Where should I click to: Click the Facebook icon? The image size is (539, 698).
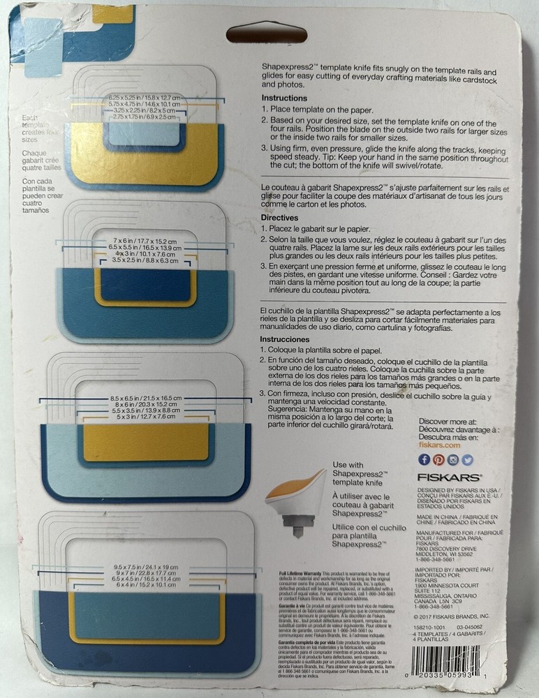424,459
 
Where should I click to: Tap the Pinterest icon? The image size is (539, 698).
438,459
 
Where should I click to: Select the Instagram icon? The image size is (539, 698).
453,459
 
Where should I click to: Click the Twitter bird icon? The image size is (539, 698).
467,459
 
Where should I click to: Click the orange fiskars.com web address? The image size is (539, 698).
438,445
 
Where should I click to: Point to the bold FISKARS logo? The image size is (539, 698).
450,478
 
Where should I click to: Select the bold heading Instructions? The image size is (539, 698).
284,98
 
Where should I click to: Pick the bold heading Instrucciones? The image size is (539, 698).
288,340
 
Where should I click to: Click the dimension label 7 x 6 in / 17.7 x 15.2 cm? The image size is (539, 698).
146,241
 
